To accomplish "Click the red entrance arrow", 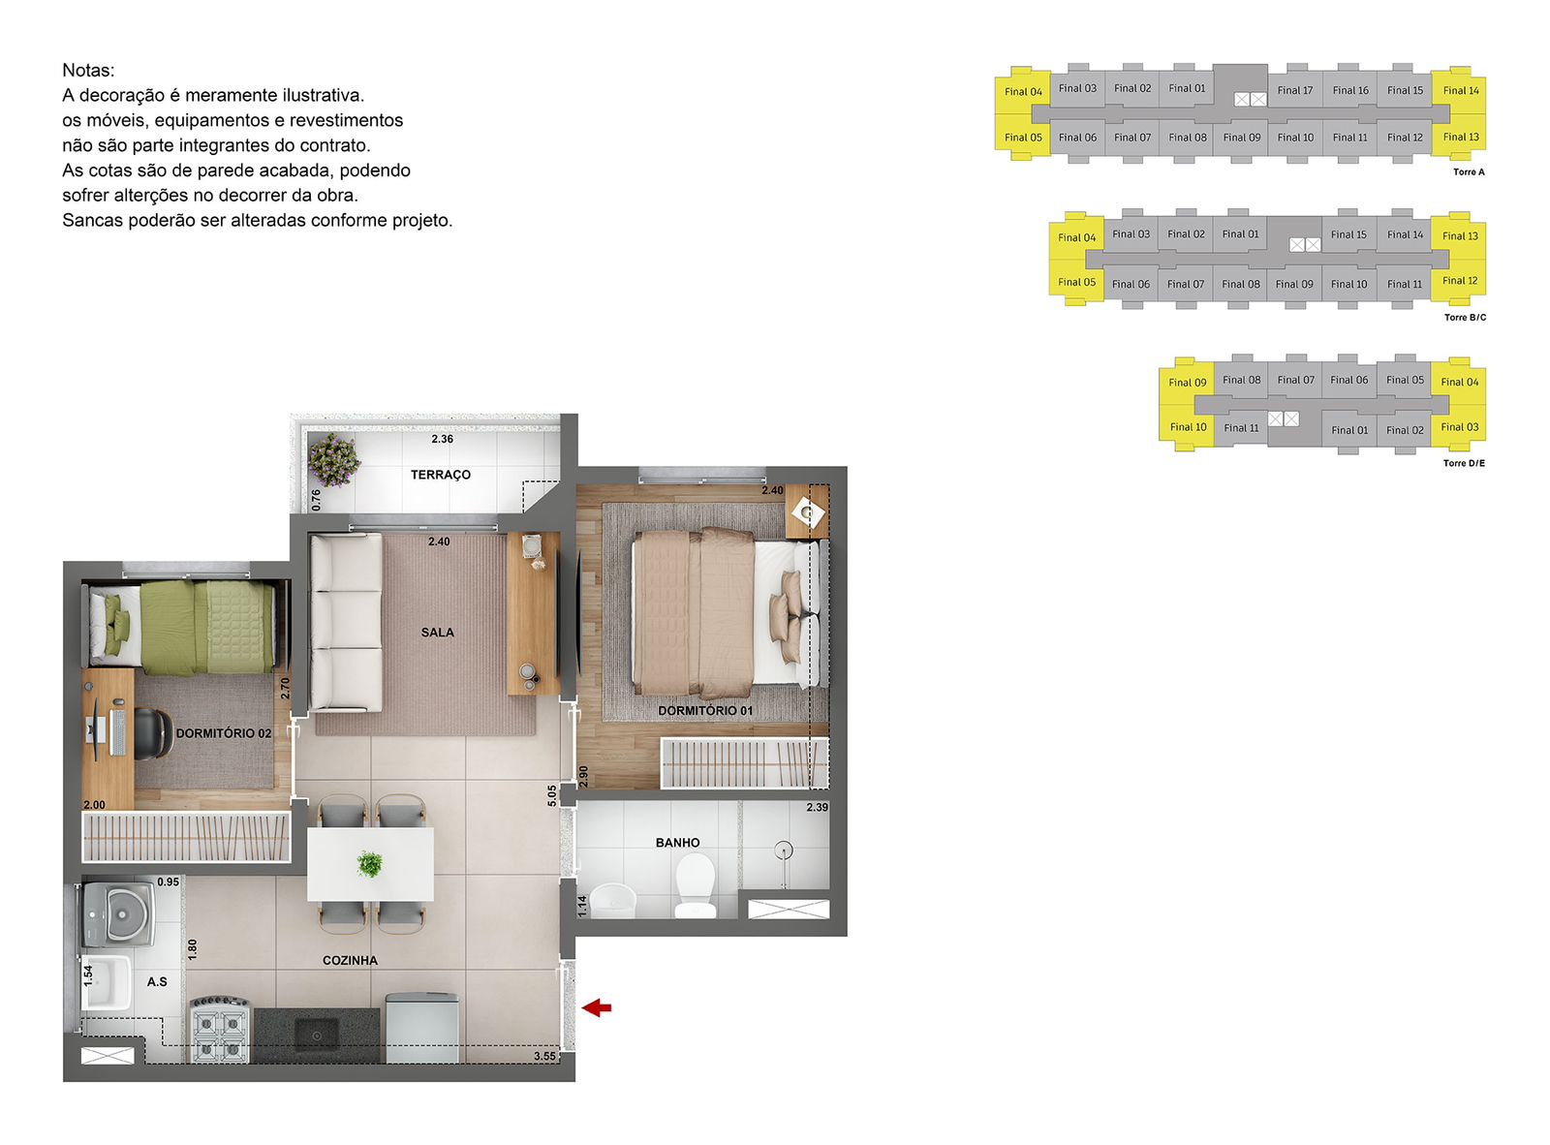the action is (596, 1007).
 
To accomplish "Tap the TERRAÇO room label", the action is (440, 475).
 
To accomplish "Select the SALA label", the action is (437, 633).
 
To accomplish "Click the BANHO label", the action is (677, 843).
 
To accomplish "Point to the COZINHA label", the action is (350, 960).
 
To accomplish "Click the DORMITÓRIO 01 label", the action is (705, 711).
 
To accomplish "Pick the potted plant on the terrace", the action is (334, 459).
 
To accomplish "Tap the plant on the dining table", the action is (370, 864).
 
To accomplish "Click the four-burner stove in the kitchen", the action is (220, 1029).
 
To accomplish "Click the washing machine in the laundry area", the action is (119, 913).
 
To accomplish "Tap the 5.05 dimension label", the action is (552, 795).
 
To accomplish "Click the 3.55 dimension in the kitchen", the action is (544, 1056).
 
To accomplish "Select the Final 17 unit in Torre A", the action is (1294, 90).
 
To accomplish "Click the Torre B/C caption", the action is (1465, 318).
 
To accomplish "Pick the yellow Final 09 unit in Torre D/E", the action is (1188, 383).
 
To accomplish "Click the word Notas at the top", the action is (88, 70).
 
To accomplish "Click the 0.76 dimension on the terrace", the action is (316, 499).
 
